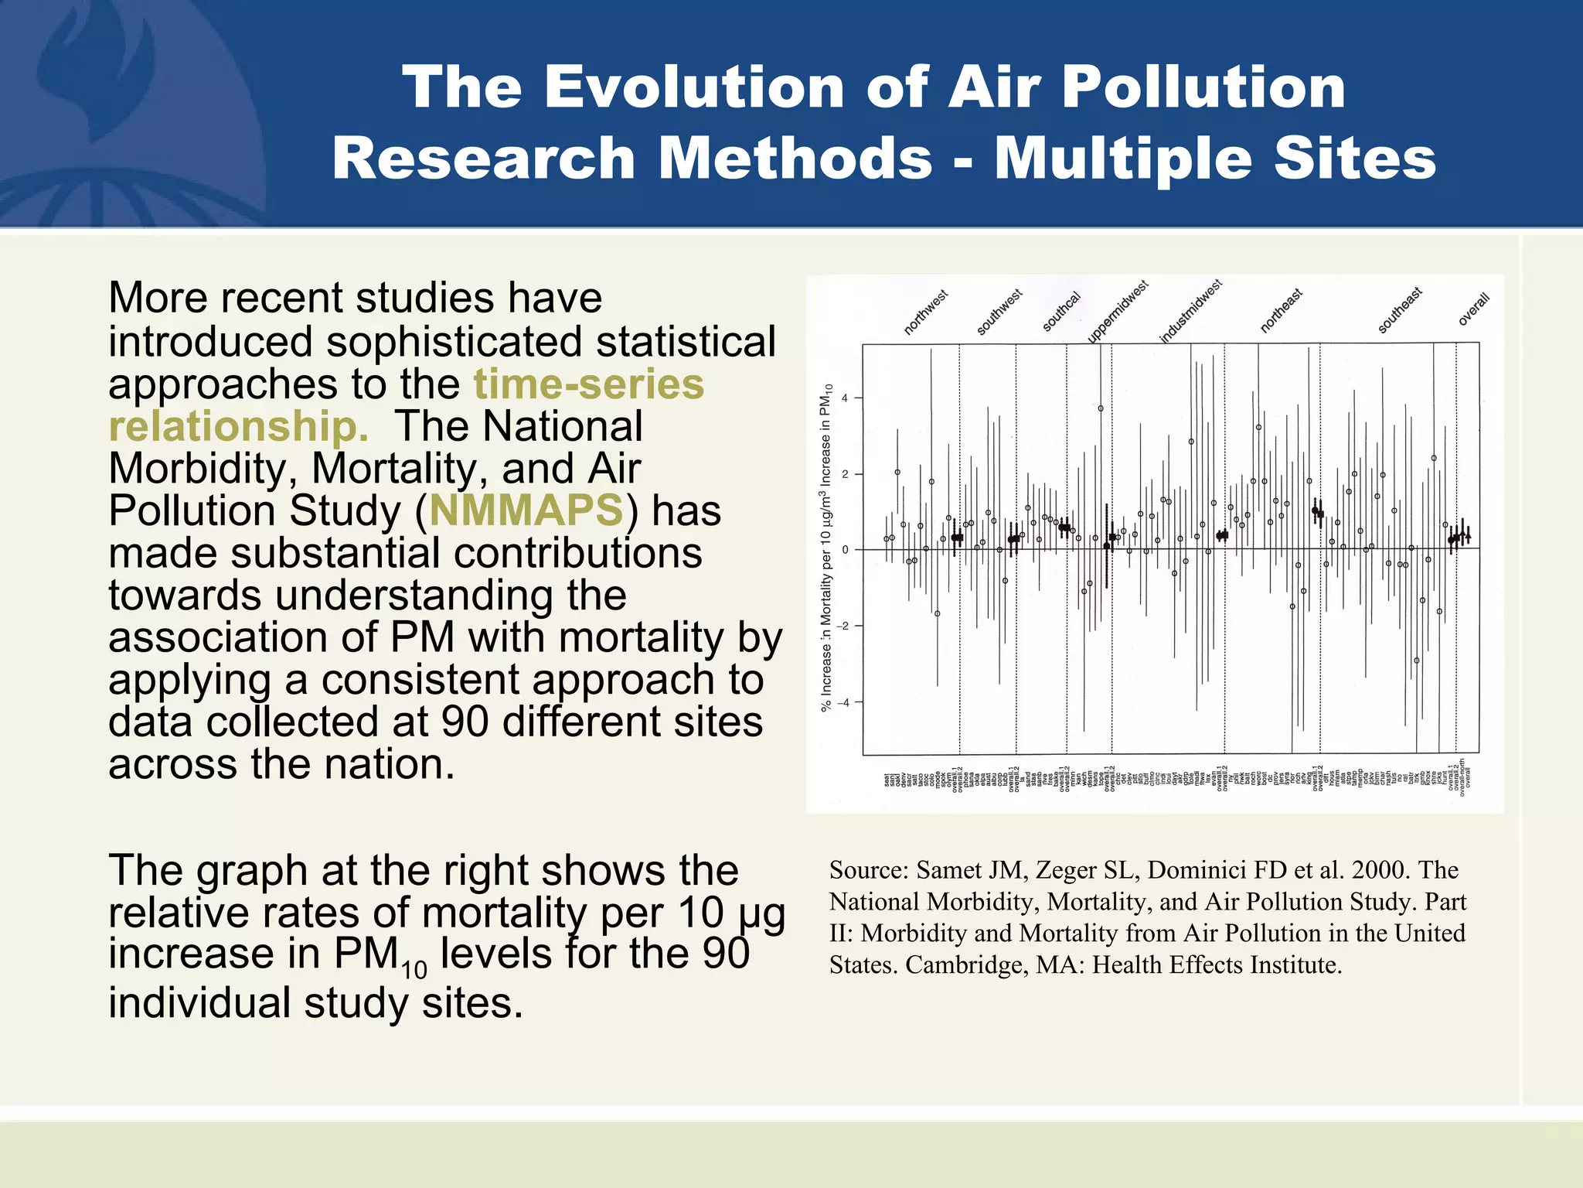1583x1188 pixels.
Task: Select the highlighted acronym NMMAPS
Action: click(526, 510)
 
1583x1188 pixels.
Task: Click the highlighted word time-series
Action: click(588, 384)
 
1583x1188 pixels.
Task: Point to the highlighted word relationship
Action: click(238, 426)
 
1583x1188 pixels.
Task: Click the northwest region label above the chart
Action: click(925, 312)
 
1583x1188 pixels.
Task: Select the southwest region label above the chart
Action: click(999, 312)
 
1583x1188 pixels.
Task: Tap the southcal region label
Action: click(1061, 312)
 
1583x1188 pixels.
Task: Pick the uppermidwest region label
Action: click(1118, 311)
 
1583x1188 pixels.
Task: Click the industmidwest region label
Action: click(1190, 311)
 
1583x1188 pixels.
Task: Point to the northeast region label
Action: click(1281, 311)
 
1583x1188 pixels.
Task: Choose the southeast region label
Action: click(1400, 310)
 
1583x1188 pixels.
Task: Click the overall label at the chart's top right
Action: click(1473, 309)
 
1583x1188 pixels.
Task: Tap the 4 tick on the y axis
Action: click(845, 398)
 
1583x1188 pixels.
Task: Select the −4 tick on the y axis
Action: click(843, 702)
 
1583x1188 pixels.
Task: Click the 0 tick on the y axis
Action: click(845, 550)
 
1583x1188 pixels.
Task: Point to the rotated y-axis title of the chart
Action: click(826, 548)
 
